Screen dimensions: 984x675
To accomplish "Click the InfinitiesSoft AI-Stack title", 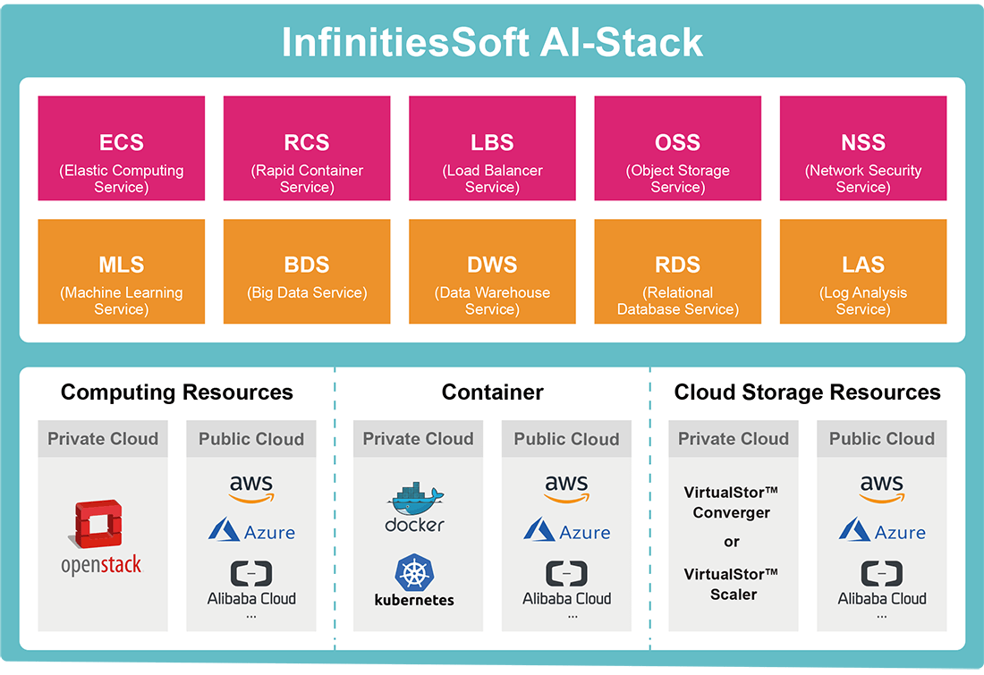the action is pos(492,43).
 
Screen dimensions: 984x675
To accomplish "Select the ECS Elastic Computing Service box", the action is pos(121,148).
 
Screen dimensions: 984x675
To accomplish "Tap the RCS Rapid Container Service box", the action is pos(307,148).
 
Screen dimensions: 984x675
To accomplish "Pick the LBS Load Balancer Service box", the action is pos(492,148).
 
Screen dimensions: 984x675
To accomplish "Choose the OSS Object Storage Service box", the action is pos(678,148).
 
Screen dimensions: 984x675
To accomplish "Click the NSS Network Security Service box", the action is pos(863,148).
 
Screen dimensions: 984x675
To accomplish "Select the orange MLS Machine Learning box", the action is pos(121,272).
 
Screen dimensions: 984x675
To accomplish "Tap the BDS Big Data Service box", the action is pos(307,272).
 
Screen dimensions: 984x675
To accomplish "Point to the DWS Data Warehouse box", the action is pos(492,272).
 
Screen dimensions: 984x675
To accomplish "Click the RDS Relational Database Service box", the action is pos(678,272).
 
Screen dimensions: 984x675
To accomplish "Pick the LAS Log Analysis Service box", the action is pos(863,272).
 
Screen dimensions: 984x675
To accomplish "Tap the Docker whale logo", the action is pos(415,498).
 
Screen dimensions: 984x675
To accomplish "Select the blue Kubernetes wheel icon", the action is pos(414,572).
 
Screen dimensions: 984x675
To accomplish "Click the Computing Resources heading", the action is pos(177,392).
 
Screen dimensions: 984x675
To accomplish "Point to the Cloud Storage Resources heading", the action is pos(807,392).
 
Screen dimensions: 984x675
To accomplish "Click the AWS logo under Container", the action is pos(566,489).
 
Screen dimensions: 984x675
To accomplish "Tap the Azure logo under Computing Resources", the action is pos(251,531).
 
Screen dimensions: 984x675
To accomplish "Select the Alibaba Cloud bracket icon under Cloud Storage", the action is pos(882,573).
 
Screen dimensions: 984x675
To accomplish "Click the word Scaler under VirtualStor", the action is pos(734,595).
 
